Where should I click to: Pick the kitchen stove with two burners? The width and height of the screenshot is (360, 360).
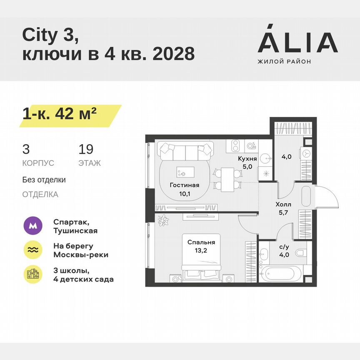click(x=235, y=146)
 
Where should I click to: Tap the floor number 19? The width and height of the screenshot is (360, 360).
click(x=86, y=150)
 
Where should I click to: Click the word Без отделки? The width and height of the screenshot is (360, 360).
click(x=44, y=180)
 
